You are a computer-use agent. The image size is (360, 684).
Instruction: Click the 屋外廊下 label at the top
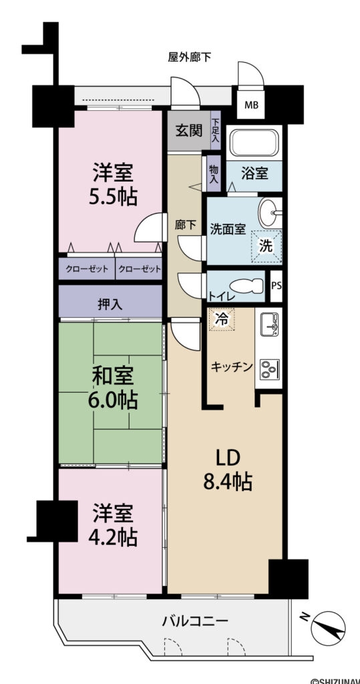189,57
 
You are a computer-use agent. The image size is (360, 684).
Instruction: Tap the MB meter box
251,105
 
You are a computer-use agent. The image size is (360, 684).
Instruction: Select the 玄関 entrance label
188,130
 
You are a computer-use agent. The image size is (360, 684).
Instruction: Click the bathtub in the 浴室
253,142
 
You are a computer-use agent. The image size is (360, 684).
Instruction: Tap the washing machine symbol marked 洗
266,245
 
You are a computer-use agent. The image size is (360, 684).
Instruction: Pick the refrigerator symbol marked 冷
221,319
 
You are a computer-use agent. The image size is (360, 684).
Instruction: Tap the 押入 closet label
110,305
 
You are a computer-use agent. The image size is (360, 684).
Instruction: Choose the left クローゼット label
86,269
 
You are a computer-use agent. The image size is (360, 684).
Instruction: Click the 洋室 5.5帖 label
112,186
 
